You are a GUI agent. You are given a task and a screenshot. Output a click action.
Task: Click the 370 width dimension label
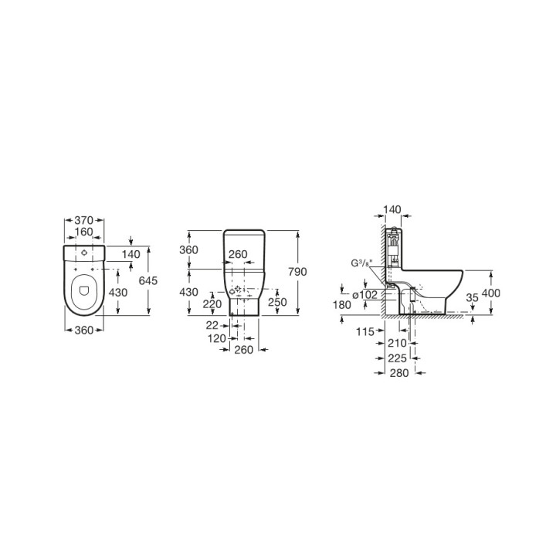[x=84, y=220]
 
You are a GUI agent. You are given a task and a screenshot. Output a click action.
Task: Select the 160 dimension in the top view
[x=84, y=232]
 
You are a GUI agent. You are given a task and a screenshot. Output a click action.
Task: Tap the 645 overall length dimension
[x=147, y=280]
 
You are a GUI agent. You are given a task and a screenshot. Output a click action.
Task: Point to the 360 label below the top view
[x=84, y=331]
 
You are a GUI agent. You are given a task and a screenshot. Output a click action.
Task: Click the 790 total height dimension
[x=297, y=272]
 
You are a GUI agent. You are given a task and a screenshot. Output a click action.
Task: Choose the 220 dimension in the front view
[x=212, y=304]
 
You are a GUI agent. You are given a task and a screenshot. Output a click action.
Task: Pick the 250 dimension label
[x=277, y=302]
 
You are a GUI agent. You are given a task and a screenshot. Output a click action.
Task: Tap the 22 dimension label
[x=212, y=325]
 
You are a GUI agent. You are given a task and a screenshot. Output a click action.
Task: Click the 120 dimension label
[x=217, y=338]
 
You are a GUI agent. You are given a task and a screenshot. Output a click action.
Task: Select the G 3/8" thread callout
[x=361, y=263]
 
